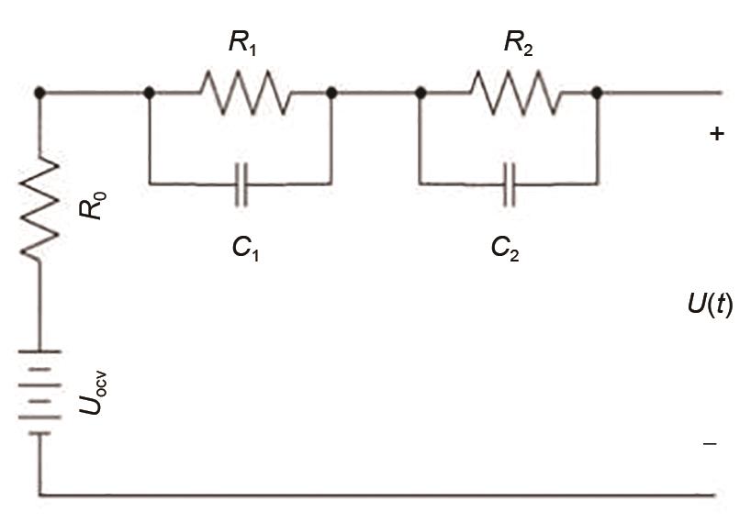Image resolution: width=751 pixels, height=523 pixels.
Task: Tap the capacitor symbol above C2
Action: (x=510, y=184)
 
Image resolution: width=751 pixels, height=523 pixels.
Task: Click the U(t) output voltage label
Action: (x=709, y=304)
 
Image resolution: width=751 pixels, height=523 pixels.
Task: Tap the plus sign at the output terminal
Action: (x=716, y=134)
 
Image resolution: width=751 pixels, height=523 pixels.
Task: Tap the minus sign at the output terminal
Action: (x=710, y=444)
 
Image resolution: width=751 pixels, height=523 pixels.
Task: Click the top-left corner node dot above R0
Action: (x=39, y=93)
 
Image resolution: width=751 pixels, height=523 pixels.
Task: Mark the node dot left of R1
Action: (x=149, y=93)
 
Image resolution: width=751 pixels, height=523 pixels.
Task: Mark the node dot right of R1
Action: (x=331, y=93)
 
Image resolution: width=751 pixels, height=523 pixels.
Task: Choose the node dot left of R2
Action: (x=420, y=93)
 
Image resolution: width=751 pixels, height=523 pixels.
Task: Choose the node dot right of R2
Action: (x=597, y=93)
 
